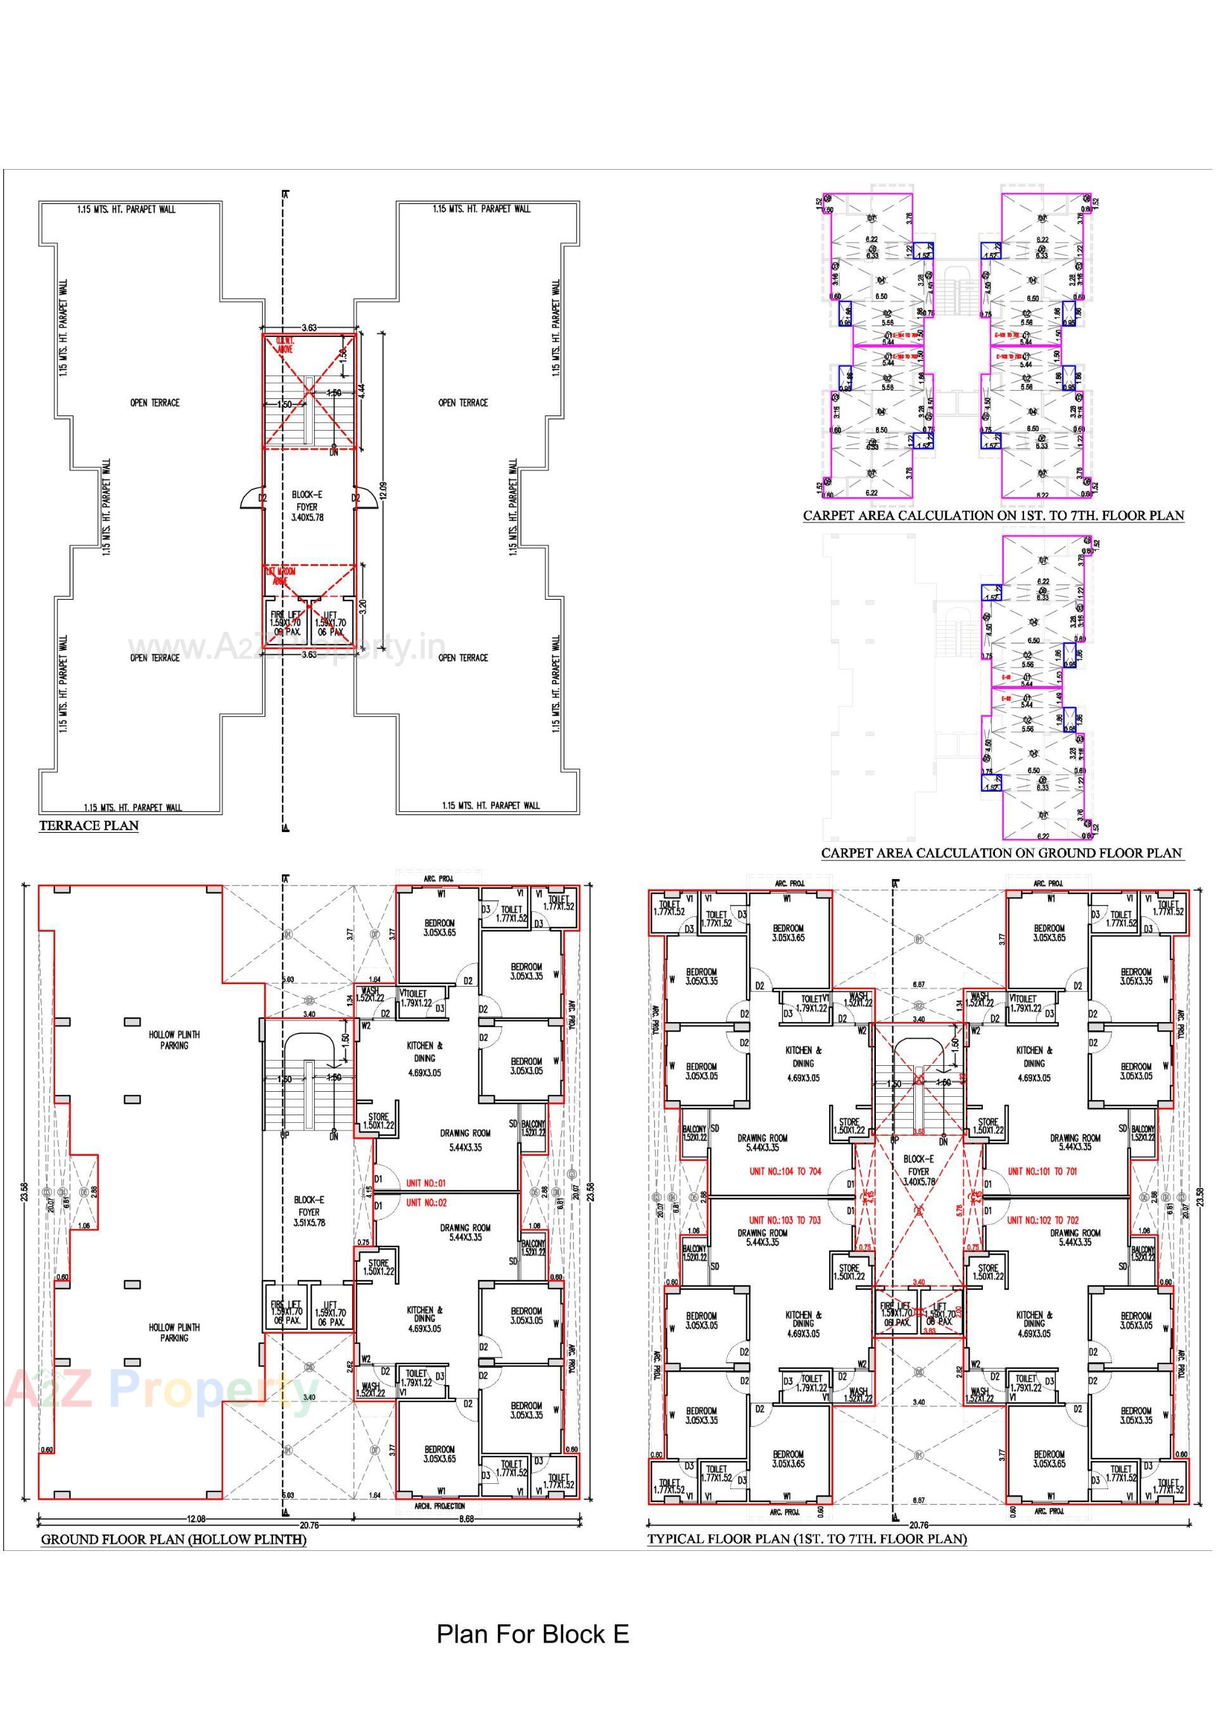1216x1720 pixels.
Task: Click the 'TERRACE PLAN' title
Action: point(89,826)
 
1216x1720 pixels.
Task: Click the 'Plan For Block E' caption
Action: point(533,1633)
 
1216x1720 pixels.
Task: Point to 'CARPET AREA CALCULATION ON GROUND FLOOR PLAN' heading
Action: point(1001,852)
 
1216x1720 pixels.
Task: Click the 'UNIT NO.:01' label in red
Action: point(426,1184)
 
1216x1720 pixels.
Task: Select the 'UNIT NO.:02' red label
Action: point(426,1203)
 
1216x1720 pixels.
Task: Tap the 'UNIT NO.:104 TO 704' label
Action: point(785,1171)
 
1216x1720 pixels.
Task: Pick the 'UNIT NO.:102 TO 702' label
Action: point(1042,1220)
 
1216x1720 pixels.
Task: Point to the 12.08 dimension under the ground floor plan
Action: point(196,1519)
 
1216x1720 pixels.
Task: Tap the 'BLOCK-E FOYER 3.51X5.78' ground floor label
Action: point(308,1211)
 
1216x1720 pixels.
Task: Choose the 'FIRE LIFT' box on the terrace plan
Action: point(285,622)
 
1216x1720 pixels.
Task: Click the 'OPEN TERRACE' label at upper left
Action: point(155,402)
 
